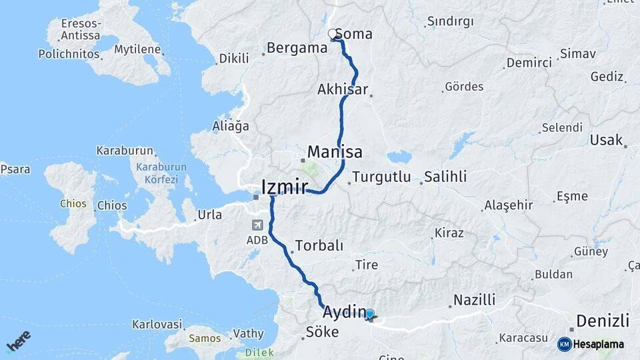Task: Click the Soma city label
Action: pyautogui.click(x=353, y=34)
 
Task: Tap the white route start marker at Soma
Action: pyautogui.click(x=332, y=33)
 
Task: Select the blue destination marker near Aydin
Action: pyautogui.click(x=370, y=313)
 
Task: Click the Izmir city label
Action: pyautogui.click(x=285, y=187)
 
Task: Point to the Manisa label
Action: pyautogui.click(x=335, y=152)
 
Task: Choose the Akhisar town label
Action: pyautogui.click(x=343, y=89)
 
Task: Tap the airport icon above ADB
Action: pyautogui.click(x=258, y=225)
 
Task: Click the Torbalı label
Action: pyautogui.click(x=319, y=245)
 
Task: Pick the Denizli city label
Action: pyautogui.click(x=603, y=321)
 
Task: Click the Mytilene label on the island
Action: pyautogui.click(x=137, y=49)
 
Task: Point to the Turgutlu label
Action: pyautogui.click(x=383, y=177)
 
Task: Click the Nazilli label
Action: pyautogui.click(x=474, y=299)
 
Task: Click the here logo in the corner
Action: pyautogui.click(x=18, y=341)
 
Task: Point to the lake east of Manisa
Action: pyautogui.click(x=399, y=157)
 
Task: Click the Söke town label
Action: pyautogui.click(x=322, y=331)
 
